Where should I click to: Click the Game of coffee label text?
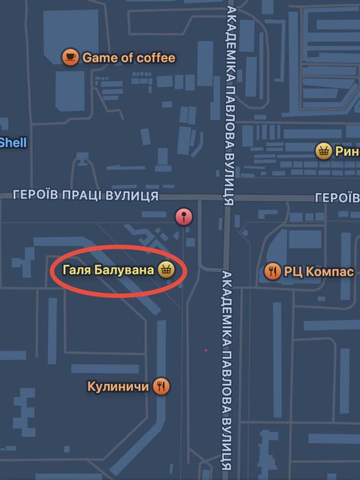[128, 58]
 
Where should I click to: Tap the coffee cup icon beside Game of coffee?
[69, 58]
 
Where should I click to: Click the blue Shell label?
[12, 143]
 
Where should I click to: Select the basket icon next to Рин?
[323, 151]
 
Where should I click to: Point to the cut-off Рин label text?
[346, 152]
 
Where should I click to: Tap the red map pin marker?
[183, 217]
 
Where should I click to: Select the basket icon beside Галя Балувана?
[166, 270]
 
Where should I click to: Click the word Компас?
[328, 271]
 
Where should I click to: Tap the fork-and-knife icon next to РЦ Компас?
[272, 271]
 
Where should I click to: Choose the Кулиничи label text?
[118, 387]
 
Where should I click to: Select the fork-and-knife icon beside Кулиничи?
[162, 387]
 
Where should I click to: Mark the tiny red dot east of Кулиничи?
[205, 350]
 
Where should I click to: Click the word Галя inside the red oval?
[76, 270]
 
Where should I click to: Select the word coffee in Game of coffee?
[156, 58]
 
